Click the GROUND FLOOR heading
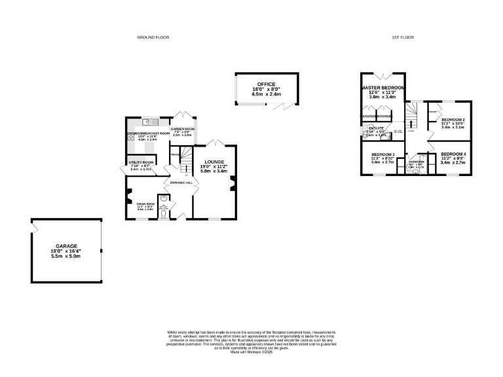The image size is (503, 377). point(153,38)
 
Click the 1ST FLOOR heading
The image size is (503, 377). point(401,38)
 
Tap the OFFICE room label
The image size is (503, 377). point(266,84)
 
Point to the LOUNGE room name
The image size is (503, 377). point(214,162)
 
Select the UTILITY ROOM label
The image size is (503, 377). point(141,162)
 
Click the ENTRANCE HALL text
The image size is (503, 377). point(181,183)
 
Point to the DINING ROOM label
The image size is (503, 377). point(145,204)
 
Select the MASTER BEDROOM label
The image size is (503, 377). point(382,87)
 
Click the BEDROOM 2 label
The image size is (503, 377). point(453,120)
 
